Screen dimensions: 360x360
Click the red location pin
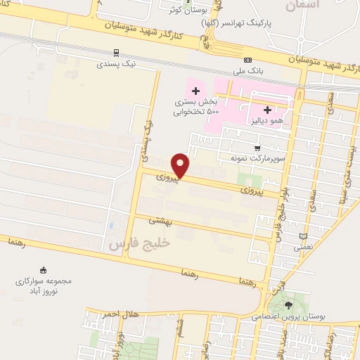(181, 165)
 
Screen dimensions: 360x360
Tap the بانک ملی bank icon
(247, 60)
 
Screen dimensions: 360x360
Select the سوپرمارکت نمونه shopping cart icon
(258, 148)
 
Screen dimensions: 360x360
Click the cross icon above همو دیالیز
(267, 110)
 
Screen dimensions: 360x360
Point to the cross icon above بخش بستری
(195, 91)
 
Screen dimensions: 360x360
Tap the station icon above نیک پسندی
(115, 52)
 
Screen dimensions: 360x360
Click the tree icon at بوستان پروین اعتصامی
(289, 304)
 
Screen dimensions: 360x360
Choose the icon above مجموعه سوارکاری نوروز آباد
(43, 270)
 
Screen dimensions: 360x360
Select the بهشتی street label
(159, 220)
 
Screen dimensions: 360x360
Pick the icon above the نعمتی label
(304, 236)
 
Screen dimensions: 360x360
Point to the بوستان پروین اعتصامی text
(289, 316)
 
